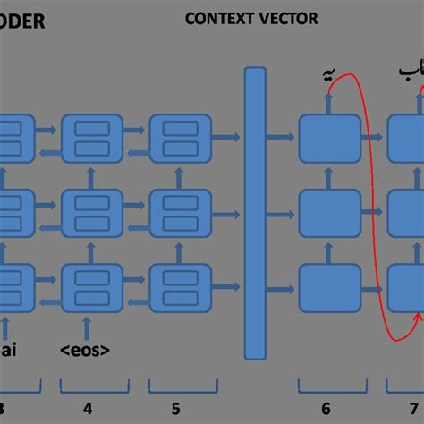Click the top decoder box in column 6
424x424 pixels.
coord(324,138)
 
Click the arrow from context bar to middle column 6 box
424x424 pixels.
coord(283,212)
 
